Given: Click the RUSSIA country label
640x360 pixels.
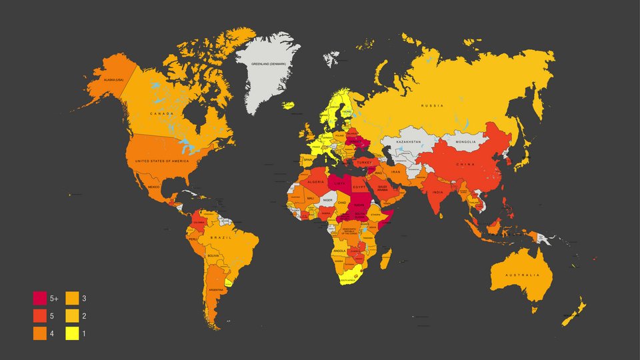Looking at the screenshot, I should pos(432,105).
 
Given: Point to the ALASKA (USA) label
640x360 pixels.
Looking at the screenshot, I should pos(110,80).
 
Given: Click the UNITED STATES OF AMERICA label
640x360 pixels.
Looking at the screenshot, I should pos(162,161).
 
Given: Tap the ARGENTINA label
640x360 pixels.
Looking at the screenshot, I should pos(216,290).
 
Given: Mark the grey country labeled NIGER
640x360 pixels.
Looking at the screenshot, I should pos(327,199).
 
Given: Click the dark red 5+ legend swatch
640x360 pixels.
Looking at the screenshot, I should pos(40,298).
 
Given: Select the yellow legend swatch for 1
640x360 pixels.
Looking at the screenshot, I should pos(72,333).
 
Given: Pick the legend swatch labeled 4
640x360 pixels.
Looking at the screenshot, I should pos(40,333).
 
